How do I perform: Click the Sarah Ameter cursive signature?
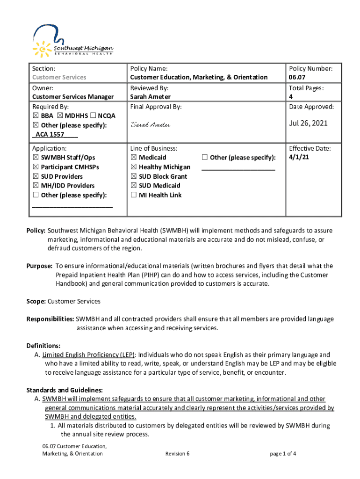point(150,125)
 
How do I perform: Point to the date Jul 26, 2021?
point(308,123)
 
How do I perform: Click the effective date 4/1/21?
point(299,157)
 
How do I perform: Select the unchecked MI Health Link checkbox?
point(134,195)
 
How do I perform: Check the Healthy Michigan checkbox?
point(134,167)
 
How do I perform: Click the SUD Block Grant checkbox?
point(134,176)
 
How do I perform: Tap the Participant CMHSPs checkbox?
point(36,167)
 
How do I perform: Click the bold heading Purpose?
point(39,266)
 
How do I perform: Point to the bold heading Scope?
point(36,302)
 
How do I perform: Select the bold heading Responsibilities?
point(50,319)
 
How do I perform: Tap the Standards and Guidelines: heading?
point(65,390)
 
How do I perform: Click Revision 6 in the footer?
point(177,454)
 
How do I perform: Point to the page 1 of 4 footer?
point(283,454)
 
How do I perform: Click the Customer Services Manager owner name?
point(73,97)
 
